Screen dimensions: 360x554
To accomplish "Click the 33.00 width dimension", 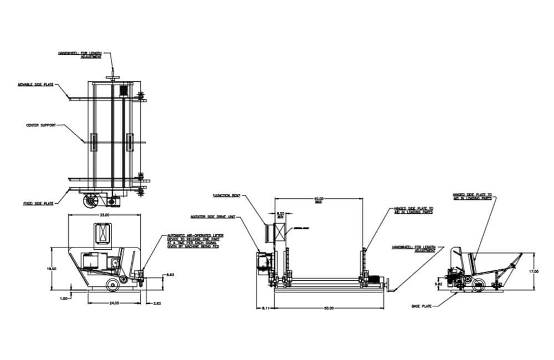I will coord(104,214).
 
